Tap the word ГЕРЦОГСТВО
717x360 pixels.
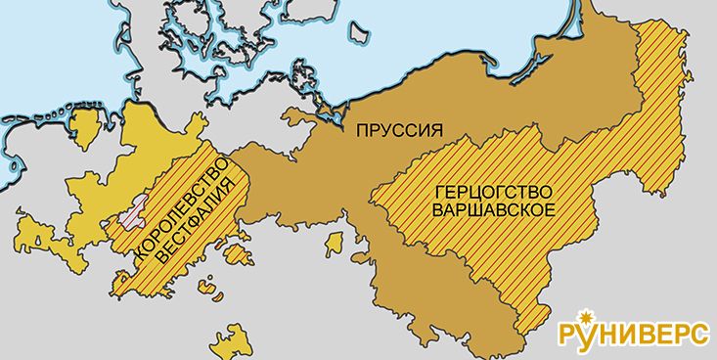pos(475,189)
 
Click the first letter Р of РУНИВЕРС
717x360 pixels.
pos(568,336)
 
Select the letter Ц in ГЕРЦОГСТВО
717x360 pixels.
pos(458,189)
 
